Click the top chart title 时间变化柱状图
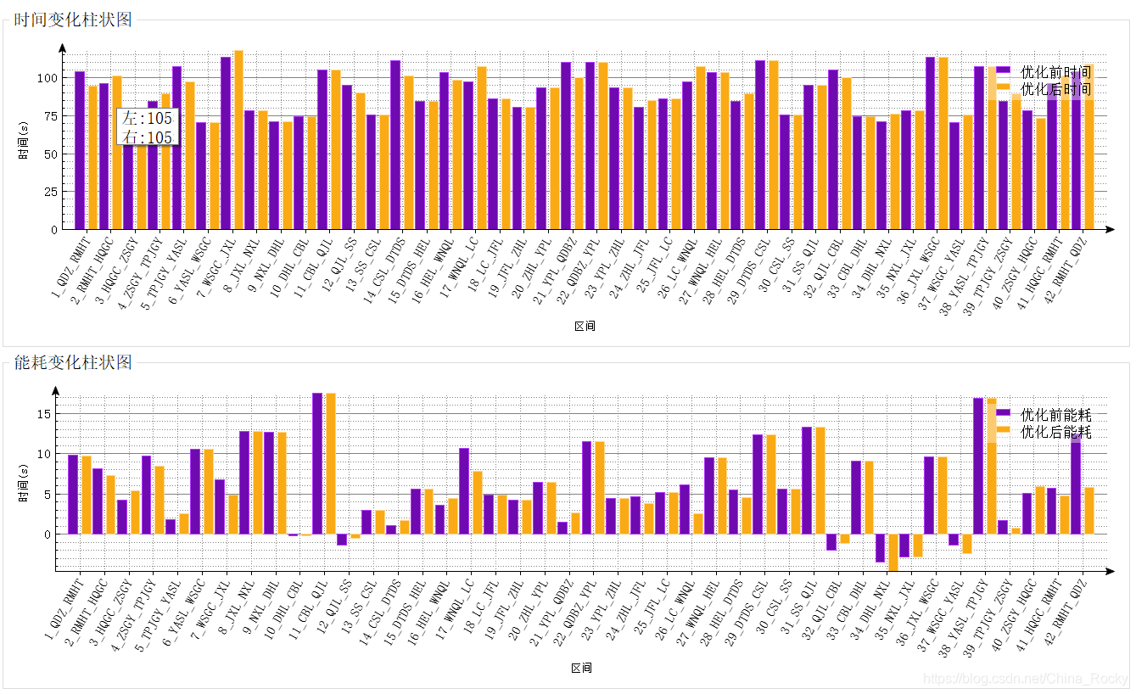point(73,20)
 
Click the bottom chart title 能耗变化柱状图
point(73,363)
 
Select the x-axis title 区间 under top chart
point(585,326)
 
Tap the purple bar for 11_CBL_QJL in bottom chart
point(317,463)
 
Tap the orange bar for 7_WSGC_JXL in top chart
point(238,140)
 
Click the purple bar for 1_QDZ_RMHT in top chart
point(80,150)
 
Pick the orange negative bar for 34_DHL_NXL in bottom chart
point(893,552)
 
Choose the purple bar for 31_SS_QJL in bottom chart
point(807,480)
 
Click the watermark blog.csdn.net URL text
point(1025,679)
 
